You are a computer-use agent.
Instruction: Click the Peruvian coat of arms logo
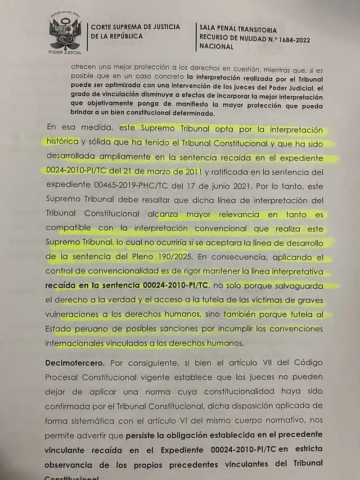coord(65,33)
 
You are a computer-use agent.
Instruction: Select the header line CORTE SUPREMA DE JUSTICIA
coord(135,26)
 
